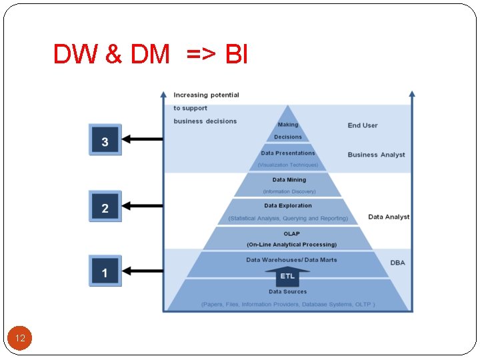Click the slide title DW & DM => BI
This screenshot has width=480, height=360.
point(151,55)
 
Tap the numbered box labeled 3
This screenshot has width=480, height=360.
point(105,141)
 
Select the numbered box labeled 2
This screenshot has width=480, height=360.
point(105,207)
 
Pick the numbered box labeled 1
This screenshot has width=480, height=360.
point(105,271)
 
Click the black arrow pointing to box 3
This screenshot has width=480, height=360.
point(144,139)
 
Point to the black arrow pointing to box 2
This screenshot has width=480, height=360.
point(144,206)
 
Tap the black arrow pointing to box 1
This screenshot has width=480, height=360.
point(144,271)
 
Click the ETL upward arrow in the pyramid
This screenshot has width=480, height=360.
point(287,276)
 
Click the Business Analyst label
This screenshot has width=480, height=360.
point(376,155)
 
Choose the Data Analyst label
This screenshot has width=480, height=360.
point(389,217)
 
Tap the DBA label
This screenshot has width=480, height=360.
point(397,263)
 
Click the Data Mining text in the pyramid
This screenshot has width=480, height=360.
point(289,180)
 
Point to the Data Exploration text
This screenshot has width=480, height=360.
point(288,206)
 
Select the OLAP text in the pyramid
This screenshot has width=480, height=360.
point(291,234)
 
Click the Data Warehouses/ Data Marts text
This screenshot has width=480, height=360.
point(291,260)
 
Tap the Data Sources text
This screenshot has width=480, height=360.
point(288,292)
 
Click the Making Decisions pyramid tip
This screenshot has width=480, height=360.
point(288,130)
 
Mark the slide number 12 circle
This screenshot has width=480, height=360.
point(20,339)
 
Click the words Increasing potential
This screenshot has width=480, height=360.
point(206,95)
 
